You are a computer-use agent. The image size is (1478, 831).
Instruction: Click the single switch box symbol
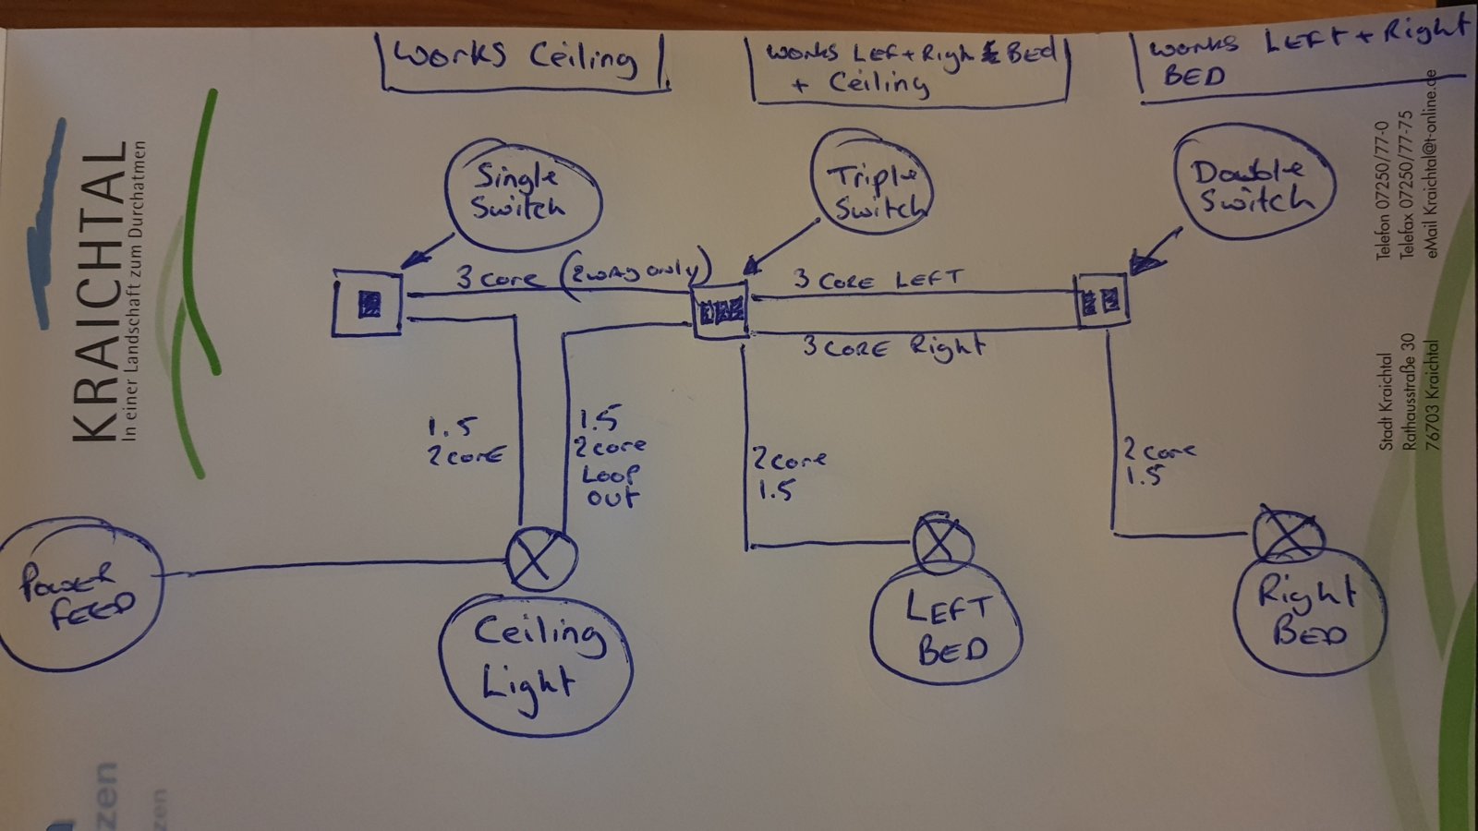(368, 303)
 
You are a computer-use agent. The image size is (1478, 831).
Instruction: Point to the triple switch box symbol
(721, 312)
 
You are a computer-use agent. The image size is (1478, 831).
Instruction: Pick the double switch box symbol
(1102, 300)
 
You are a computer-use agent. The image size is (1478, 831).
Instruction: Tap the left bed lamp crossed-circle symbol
(942, 542)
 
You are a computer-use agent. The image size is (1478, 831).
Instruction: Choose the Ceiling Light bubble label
(536, 658)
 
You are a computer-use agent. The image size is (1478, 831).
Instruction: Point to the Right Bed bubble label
(1308, 612)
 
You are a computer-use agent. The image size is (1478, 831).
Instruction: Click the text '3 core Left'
(878, 280)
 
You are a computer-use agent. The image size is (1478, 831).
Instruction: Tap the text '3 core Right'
(892, 347)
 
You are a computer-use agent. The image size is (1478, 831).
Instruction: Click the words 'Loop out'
(610, 486)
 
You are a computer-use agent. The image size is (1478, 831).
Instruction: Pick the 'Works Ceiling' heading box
(524, 60)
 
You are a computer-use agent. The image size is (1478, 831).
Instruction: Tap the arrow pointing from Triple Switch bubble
(781, 245)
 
